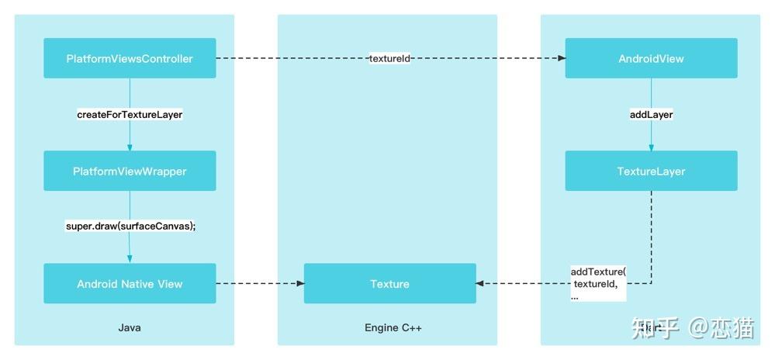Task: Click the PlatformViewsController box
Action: pos(130,58)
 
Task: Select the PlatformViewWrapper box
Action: pos(130,171)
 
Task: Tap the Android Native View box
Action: pos(130,284)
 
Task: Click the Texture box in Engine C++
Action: pos(389,284)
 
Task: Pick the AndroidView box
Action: pos(651,58)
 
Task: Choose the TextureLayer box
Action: pos(651,171)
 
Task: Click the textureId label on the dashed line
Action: pos(389,58)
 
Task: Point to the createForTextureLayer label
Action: pos(130,114)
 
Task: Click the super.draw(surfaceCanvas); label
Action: pos(130,227)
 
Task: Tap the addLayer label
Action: pos(651,114)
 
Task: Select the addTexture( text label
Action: pos(598,272)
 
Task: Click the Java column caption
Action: pos(130,328)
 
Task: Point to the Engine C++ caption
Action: pos(393,328)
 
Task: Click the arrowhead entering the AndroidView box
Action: pos(560,58)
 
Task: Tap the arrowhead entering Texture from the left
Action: pos(299,284)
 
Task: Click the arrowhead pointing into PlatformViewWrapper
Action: pos(130,147)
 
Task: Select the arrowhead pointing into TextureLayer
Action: pos(651,147)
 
